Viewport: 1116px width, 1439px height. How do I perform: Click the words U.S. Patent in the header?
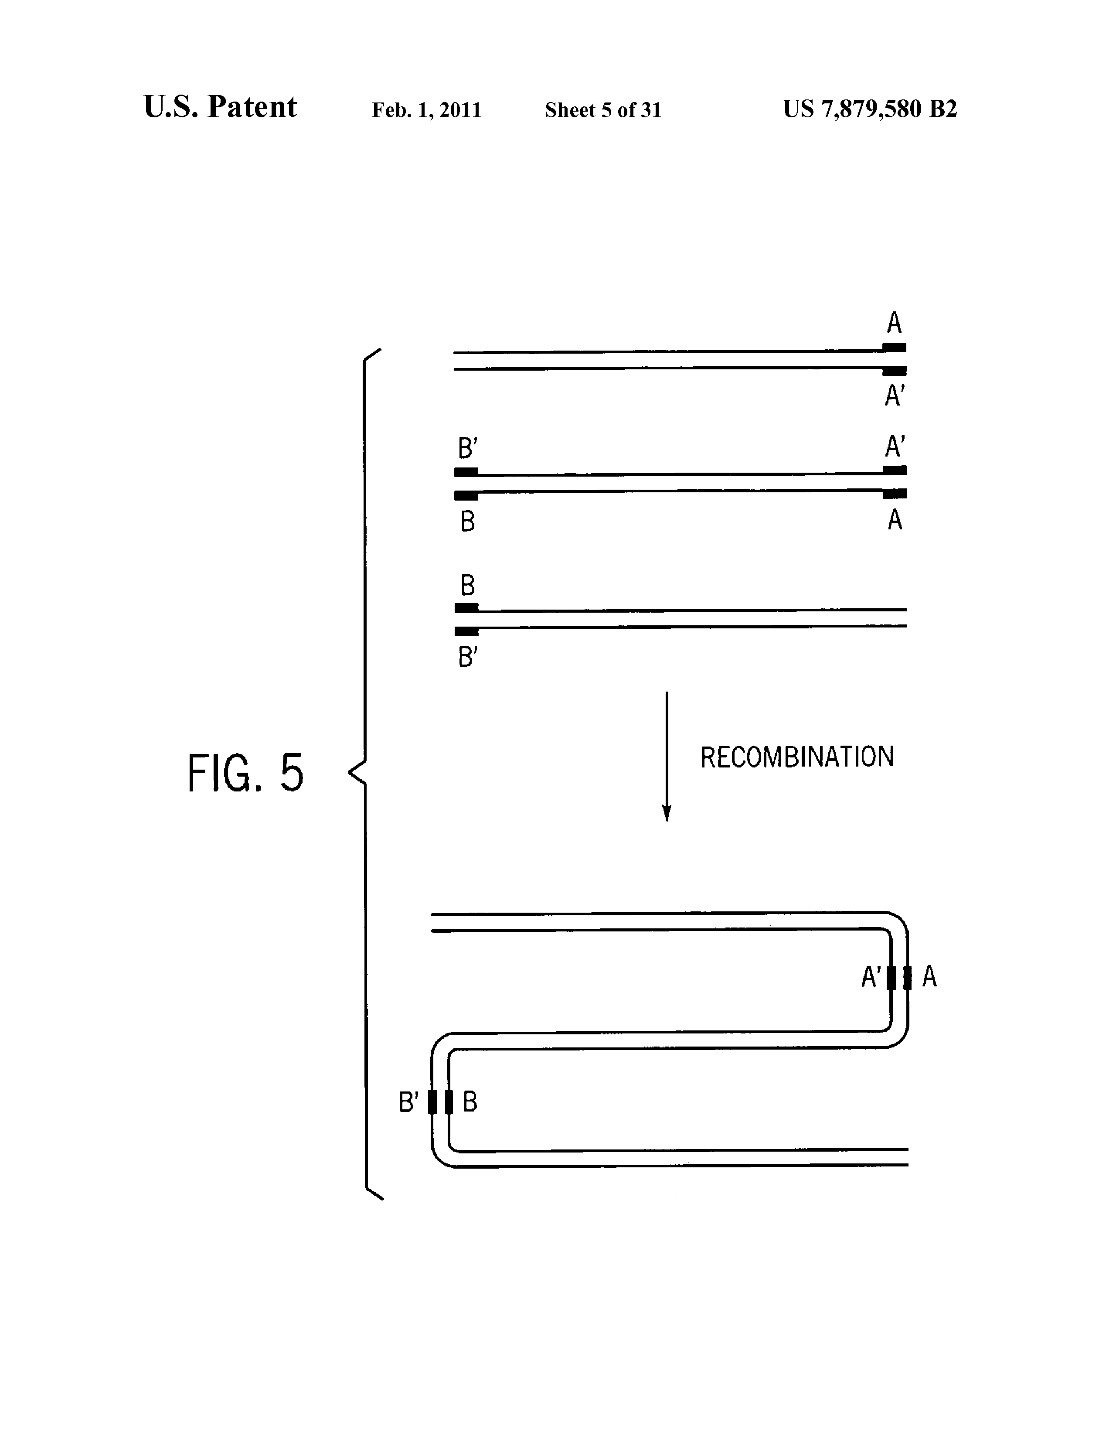(x=220, y=107)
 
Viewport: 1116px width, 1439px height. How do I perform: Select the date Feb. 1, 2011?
(x=426, y=110)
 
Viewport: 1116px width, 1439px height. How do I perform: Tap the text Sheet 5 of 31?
(x=603, y=110)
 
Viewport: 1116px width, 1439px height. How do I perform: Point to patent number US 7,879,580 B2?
(x=870, y=109)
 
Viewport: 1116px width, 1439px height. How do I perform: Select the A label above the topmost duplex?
(x=894, y=323)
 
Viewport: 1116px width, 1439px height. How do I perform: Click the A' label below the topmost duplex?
(x=895, y=396)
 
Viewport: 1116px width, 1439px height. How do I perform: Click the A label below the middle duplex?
(x=895, y=521)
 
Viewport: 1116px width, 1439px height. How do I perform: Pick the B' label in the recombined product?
(x=408, y=1101)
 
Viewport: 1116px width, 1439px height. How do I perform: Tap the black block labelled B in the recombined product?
(x=449, y=1101)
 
